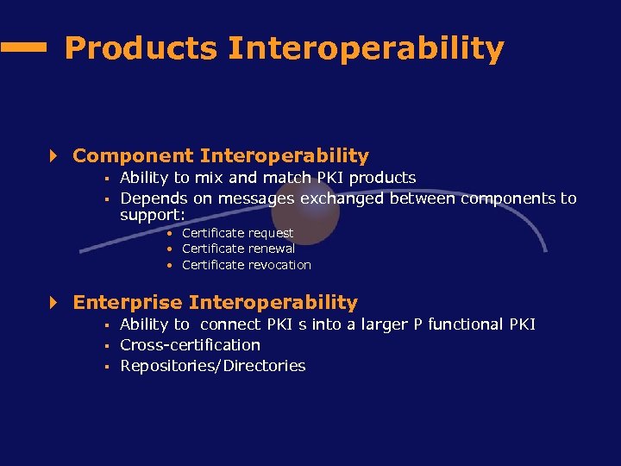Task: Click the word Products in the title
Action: pos(141,48)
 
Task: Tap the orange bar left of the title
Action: pos(23,49)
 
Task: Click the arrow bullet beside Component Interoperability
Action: pos(53,156)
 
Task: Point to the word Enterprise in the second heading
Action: pos(128,303)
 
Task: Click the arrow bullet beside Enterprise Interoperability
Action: pos(53,303)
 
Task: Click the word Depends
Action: pos(154,198)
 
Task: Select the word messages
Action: pos(256,198)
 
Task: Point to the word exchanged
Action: pos(342,198)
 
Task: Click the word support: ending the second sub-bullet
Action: pos(153,214)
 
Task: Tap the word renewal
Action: pos(273,249)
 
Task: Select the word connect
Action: pos(231,324)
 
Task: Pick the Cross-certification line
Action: pos(190,345)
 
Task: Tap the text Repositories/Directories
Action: pos(212,366)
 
